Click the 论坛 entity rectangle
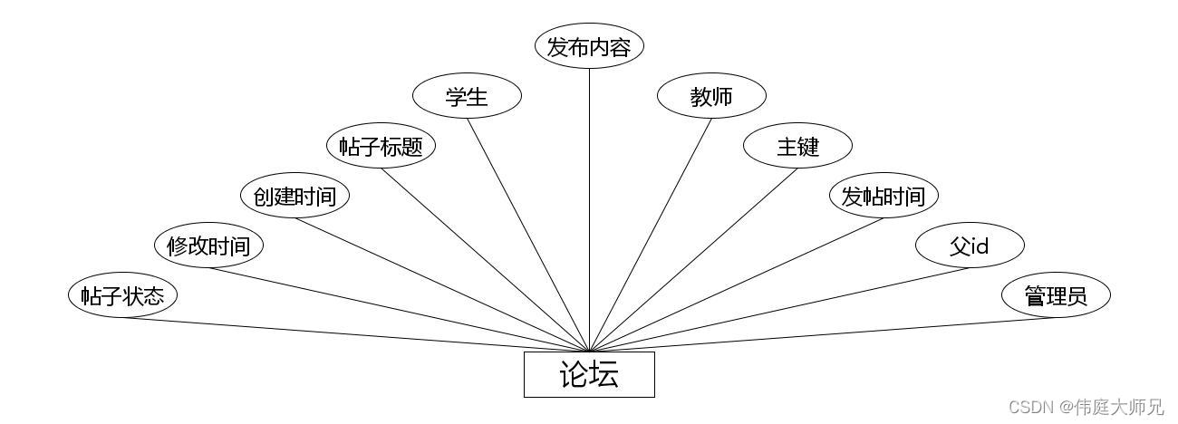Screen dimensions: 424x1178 coord(589,374)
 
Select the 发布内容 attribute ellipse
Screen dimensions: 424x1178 coord(589,47)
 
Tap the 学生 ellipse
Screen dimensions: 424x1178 coord(467,97)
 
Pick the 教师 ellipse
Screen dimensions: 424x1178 coord(711,97)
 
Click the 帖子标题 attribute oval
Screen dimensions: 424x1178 coord(381,146)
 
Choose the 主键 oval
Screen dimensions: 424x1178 coord(797,146)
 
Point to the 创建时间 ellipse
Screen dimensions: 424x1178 coord(294,196)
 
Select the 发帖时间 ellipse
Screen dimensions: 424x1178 coord(883,196)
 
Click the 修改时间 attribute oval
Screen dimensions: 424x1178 coord(208,246)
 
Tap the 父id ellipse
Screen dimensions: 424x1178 coord(970,246)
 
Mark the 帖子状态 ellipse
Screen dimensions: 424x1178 coord(122,295)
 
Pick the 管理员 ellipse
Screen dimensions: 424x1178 coord(1056,295)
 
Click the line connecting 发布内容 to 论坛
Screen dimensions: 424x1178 coord(589,208)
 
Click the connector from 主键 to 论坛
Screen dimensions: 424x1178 coord(693,260)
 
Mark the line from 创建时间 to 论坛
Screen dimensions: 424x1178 coord(441,284)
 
